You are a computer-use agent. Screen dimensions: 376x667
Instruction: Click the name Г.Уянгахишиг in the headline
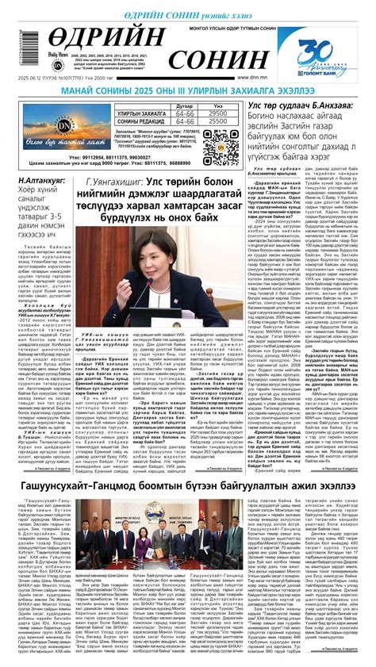click(x=120, y=183)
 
